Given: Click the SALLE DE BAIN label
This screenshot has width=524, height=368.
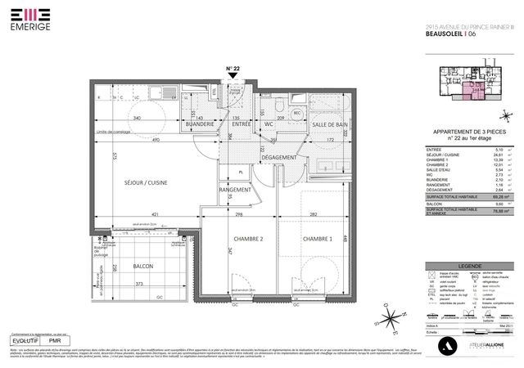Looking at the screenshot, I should pyautogui.click(x=329, y=123).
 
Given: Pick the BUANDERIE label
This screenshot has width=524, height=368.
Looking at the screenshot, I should pyautogui.click(x=200, y=123).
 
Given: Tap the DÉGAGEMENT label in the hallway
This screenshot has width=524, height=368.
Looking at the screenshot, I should pyautogui.click(x=279, y=156).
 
